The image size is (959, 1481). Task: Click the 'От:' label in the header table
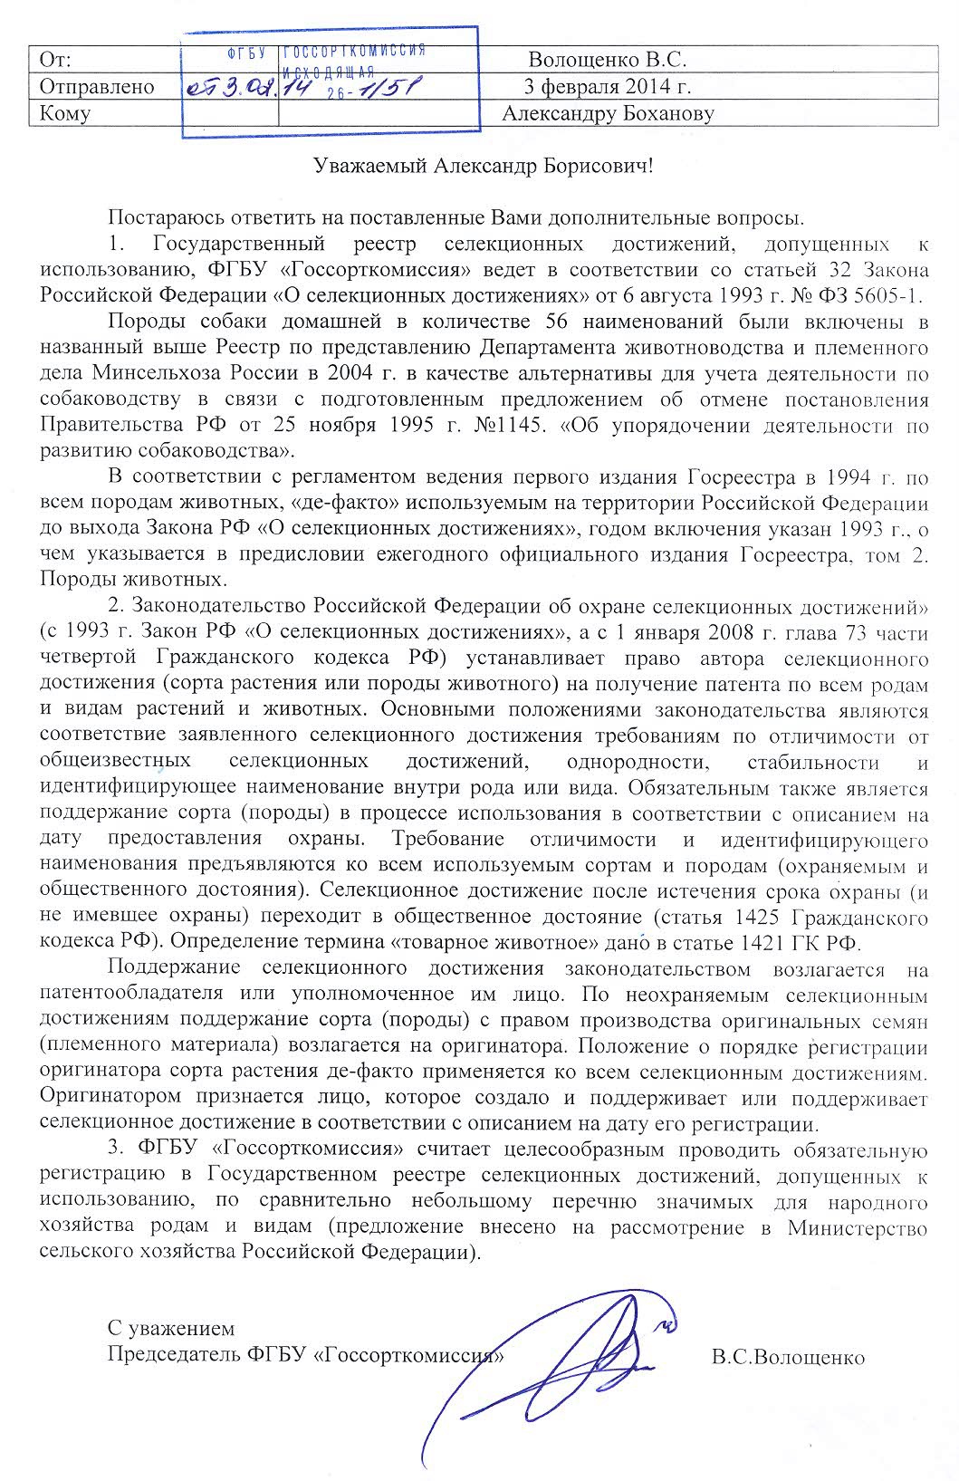tap(55, 61)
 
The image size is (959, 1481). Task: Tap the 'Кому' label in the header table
tap(63, 113)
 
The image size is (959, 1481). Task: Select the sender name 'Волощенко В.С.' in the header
tap(608, 61)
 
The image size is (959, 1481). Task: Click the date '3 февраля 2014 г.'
tap(609, 87)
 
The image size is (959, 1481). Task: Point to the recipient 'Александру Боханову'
tap(609, 113)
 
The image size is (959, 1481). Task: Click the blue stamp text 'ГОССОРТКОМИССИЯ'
tap(354, 52)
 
